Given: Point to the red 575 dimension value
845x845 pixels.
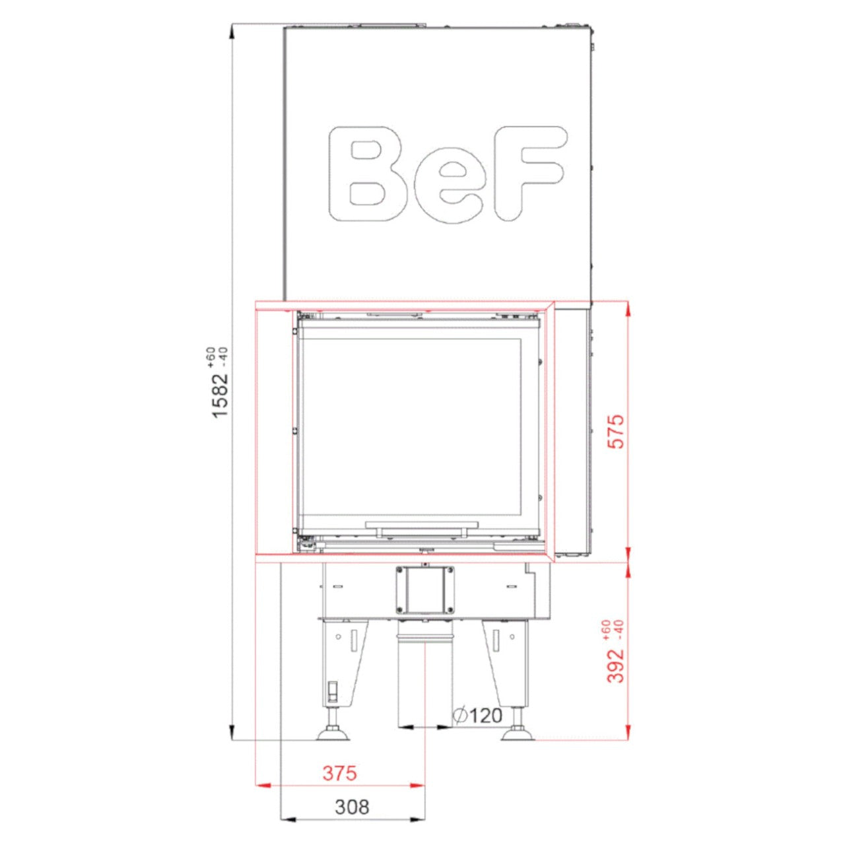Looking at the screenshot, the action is click(x=617, y=431).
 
